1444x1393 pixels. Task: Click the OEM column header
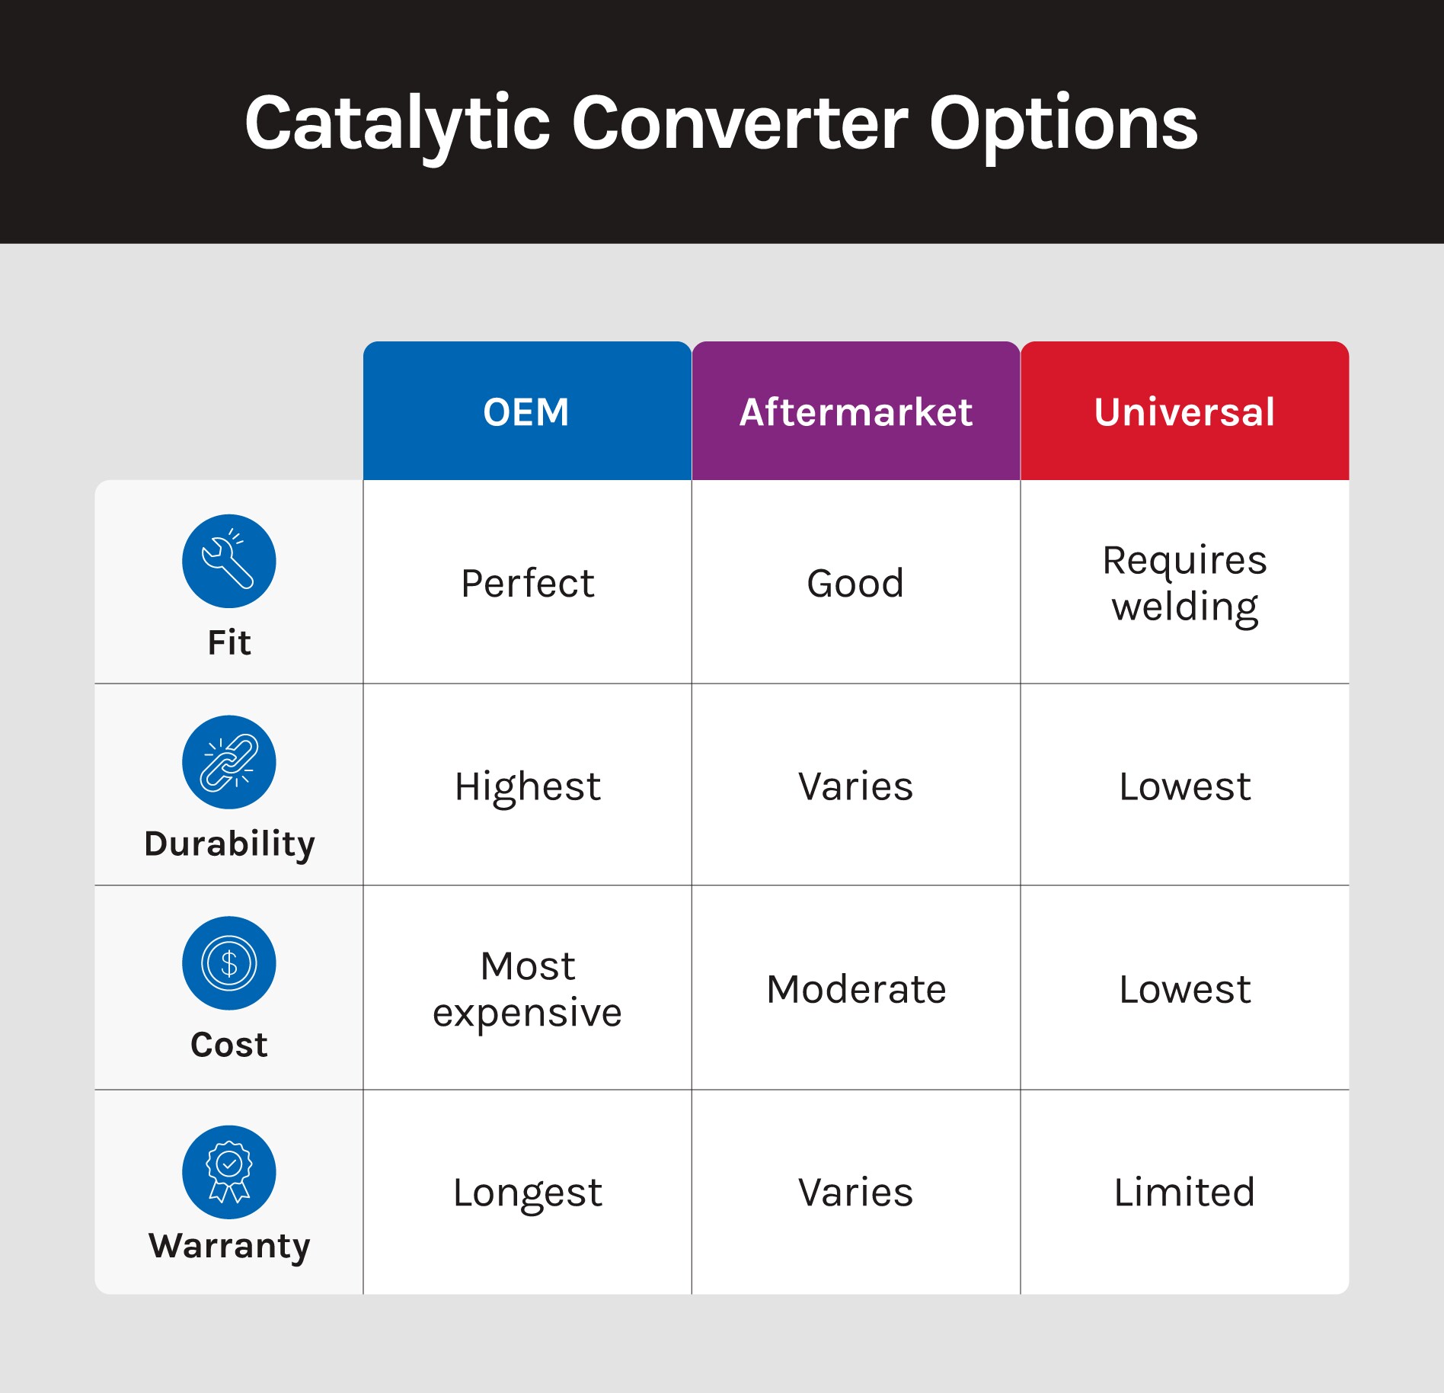point(527,411)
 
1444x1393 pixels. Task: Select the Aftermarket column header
point(856,411)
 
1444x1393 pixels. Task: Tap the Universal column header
point(1185,411)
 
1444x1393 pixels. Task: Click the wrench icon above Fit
point(229,561)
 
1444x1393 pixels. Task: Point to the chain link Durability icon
point(229,762)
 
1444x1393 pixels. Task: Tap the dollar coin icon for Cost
point(229,963)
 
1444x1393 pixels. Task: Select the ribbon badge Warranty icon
point(229,1172)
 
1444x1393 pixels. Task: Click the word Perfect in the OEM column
point(528,584)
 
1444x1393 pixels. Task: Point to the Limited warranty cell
point(1185,1193)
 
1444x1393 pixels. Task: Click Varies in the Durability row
point(856,787)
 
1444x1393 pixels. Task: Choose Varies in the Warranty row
point(856,1193)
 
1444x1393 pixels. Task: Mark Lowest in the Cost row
point(1185,990)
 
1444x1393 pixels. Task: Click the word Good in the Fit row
point(856,584)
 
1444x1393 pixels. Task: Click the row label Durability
point(229,844)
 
